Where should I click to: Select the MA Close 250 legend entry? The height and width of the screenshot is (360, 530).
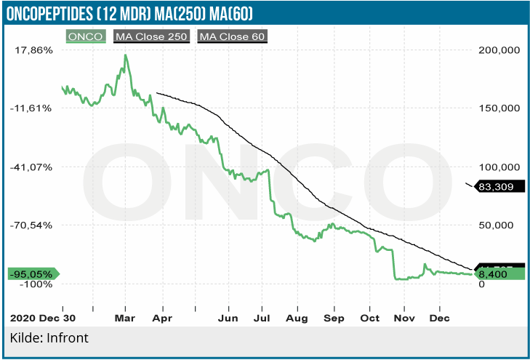(x=152, y=36)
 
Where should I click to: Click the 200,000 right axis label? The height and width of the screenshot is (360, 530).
(x=497, y=50)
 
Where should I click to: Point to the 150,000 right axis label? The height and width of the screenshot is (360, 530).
(x=497, y=108)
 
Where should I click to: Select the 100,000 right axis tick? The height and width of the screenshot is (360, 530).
(x=497, y=167)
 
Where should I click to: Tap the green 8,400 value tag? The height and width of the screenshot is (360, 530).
(x=494, y=274)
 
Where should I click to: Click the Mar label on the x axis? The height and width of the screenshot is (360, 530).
(x=126, y=319)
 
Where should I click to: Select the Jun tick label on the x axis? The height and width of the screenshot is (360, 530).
(x=228, y=319)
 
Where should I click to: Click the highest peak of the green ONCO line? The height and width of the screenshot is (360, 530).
(x=126, y=55)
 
